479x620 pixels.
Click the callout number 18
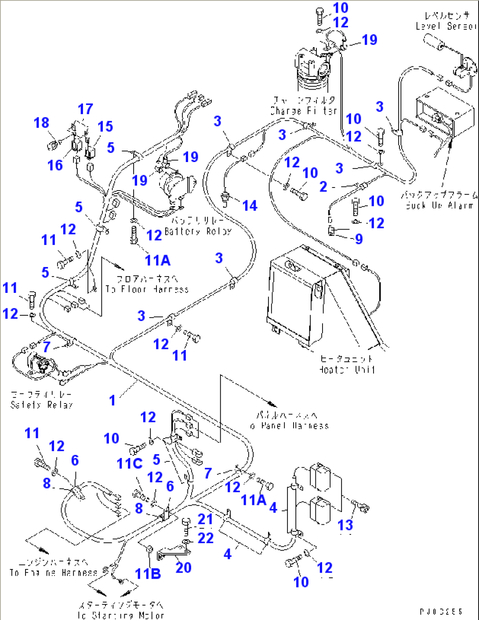[x=41, y=123]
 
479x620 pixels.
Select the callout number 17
[x=85, y=109]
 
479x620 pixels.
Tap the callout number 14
[x=250, y=205]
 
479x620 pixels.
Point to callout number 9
[x=359, y=239]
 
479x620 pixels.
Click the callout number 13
[x=345, y=525]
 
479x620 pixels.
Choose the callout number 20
[x=183, y=567]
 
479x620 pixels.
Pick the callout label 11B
[x=148, y=573]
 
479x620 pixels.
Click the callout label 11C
[x=129, y=464]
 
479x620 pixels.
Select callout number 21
[x=205, y=519]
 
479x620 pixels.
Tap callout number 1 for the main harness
[x=112, y=400]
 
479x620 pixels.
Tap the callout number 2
[x=323, y=187]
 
